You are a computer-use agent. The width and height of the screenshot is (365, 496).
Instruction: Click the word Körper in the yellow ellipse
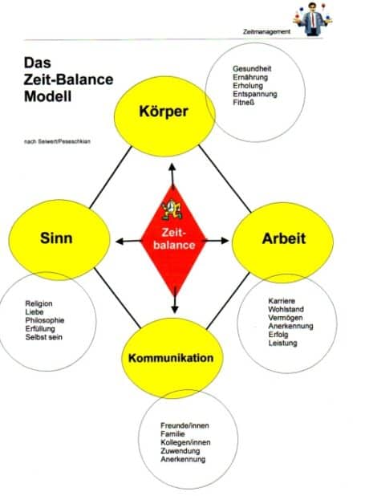[x=164, y=112]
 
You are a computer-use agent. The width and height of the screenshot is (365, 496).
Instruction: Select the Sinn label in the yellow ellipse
[x=56, y=238]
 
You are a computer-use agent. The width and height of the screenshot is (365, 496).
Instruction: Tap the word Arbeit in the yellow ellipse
[x=284, y=238]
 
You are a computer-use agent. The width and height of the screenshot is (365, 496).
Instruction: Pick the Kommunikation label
[x=171, y=358]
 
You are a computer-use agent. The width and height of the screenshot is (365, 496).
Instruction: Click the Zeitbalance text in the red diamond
[x=174, y=239]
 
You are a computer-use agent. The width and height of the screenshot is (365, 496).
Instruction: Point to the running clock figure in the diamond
[x=172, y=209]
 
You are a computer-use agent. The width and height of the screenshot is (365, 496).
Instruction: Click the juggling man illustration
[x=312, y=19]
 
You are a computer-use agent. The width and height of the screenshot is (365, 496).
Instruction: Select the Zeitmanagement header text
[x=266, y=31]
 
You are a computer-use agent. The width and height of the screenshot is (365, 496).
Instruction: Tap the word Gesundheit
[x=252, y=69]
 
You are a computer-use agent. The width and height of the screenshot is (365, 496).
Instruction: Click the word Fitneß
[x=244, y=103]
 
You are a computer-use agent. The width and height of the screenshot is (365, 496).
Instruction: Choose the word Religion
[x=39, y=303]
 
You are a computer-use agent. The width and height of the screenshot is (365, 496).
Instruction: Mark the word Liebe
[x=34, y=312]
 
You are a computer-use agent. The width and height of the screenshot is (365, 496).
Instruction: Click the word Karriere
[x=282, y=301]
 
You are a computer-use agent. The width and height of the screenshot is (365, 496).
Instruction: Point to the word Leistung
[x=282, y=343]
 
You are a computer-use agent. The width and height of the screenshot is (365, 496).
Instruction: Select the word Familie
[x=172, y=434]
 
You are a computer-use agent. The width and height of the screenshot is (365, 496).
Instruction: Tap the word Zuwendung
[x=180, y=451]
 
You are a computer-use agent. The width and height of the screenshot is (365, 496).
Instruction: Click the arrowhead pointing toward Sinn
[x=120, y=242]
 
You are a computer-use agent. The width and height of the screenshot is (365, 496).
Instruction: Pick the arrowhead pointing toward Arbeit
[x=225, y=241]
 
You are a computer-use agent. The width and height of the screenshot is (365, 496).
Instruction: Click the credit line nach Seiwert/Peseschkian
[x=57, y=141]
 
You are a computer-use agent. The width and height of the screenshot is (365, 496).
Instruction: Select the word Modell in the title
[x=48, y=96]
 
